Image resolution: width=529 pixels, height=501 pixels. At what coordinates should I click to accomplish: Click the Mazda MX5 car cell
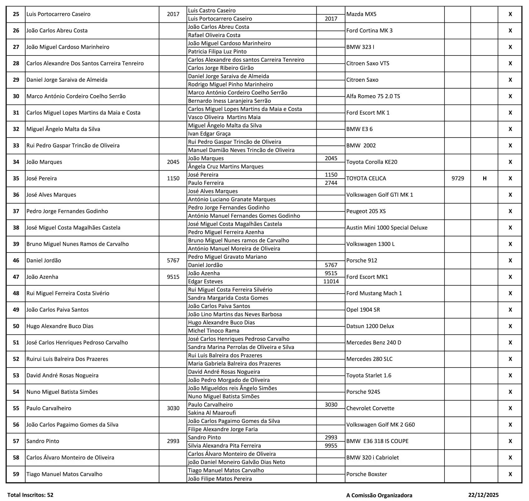(x=361, y=14)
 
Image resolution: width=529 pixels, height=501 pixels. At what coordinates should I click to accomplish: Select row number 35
(x=16, y=179)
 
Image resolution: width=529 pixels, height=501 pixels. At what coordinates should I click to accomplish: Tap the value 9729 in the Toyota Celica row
(x=458, y=179)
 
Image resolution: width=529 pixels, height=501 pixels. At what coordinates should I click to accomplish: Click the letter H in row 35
(x=484, y=179)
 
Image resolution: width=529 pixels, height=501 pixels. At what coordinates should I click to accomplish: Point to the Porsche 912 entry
(x=362, y=261)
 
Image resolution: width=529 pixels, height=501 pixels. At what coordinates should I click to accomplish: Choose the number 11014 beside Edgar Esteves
(x=331, y=282)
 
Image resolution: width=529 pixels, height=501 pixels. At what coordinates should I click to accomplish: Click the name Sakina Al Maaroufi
(x=212, y=413)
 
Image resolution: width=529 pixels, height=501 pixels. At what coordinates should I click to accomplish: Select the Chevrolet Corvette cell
(x=370, y=408)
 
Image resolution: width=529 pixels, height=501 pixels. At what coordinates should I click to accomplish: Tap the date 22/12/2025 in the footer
(x=483, y=495)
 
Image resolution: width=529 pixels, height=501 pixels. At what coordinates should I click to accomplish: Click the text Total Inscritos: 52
(x=30, y=495)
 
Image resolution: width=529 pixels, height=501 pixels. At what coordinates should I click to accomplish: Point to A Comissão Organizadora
(x=379, y=495)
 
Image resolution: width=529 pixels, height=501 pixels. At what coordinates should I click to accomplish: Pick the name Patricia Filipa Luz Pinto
(x=217, y=52)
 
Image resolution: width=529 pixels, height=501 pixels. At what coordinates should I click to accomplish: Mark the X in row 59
(x=510, y=474)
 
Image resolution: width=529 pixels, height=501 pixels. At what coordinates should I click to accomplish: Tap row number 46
(x=16, y=261)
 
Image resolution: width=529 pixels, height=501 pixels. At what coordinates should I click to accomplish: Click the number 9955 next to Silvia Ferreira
(x=331, y=446)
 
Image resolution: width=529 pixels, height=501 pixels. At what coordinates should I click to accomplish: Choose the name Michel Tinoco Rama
(x=214, y=331)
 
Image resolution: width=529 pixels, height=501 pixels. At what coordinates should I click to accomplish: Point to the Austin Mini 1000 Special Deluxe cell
(x=387, y=228)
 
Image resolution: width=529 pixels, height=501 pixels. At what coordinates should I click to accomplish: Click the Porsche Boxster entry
(x=367, y=474)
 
